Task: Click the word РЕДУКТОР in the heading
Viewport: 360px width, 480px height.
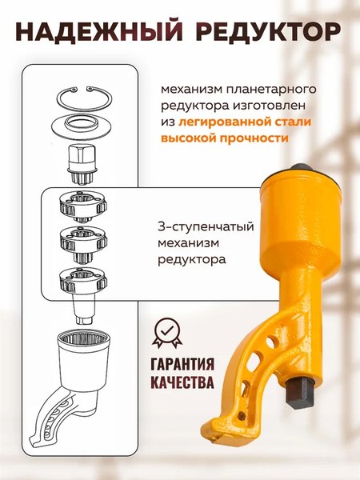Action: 264,34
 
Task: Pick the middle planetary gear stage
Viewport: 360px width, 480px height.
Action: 84,239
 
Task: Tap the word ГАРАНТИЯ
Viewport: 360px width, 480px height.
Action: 182,363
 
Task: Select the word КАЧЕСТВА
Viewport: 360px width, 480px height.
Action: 182,382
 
